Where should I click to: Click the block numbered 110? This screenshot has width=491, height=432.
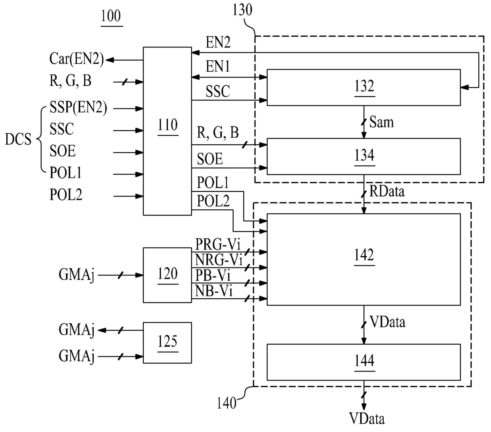[x=167, y=131]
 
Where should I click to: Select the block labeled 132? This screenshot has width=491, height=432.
[x=363, y=87]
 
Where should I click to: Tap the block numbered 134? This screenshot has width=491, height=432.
[x=363, y=156]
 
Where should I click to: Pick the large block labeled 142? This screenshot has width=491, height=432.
[x=363, y=260]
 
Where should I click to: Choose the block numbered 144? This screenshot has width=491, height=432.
[x=363, y=362]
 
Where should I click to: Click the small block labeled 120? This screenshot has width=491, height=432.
[x=167, y=275]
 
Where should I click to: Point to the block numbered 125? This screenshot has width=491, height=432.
[x=167, y=343]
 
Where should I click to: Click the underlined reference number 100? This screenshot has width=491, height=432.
[x=111, y=17]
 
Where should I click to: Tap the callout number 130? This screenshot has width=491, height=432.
[x=242, y=10]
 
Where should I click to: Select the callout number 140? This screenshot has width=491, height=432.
[x=226, y=403]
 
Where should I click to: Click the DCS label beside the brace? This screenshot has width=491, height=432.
[x=18, y=139]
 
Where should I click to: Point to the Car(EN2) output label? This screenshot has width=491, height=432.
[x=76, y=59]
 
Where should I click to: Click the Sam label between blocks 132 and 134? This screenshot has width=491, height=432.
[x=381, y=122]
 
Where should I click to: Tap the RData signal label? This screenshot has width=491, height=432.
[x=387, y=191]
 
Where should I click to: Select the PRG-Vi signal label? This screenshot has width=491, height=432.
[x=218, y=244]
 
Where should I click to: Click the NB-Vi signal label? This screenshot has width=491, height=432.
[x=214, y=291]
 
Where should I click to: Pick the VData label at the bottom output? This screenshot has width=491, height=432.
[x=367, y=419]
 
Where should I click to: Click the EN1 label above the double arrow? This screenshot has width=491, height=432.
[x=218, y=66]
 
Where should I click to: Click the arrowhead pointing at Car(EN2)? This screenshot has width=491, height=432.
[x=110, y=60]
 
